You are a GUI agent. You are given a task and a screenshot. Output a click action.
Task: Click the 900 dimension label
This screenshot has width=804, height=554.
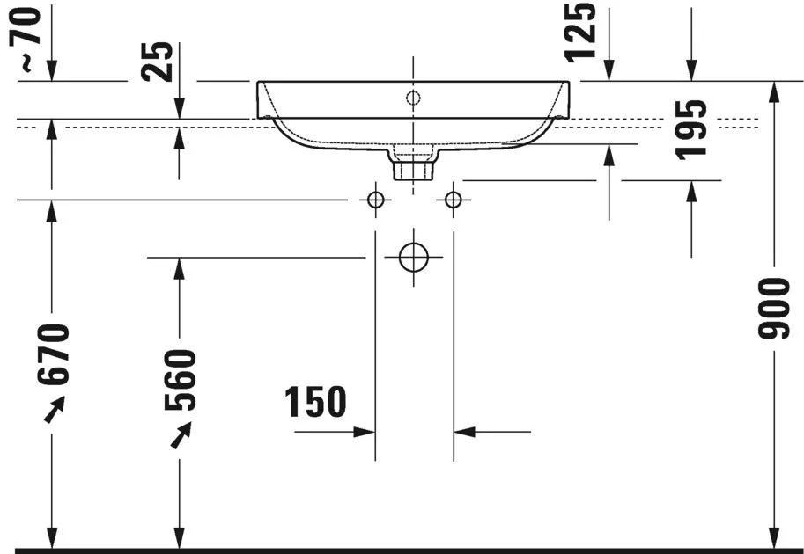coord(774,309)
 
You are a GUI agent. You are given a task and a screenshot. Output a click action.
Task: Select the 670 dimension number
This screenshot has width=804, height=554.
coord(52,354)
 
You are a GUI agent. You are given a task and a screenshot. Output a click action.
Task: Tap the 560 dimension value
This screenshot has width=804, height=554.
coord(180,380)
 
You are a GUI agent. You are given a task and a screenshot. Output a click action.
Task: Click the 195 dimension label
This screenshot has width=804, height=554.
coord(691,130)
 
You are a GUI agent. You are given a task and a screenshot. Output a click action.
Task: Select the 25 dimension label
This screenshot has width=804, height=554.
coord(158,62)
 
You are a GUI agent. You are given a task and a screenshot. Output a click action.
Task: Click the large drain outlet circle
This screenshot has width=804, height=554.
coord(413,257)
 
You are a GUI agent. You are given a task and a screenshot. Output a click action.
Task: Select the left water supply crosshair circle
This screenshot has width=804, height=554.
coord(375,199)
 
